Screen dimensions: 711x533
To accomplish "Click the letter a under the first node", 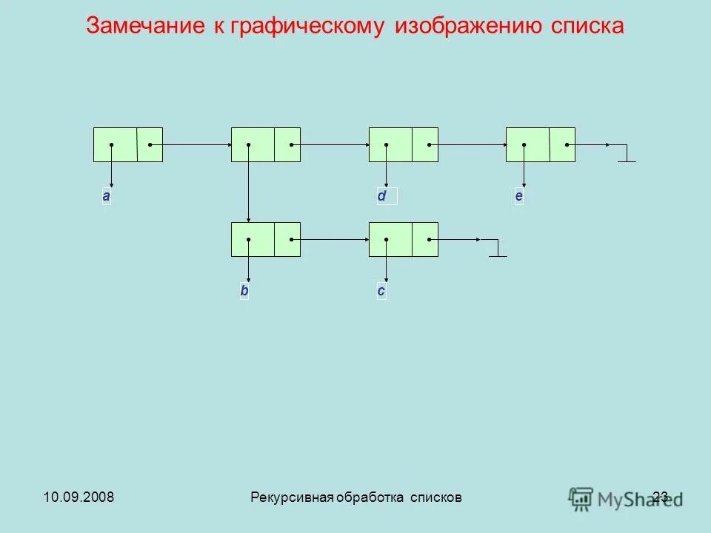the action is point(107,196).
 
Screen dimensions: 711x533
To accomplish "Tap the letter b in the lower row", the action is point(244,291).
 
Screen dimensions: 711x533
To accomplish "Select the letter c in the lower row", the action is point(381,291).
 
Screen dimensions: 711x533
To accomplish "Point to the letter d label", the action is point(381,196).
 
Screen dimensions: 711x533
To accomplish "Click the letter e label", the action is point(518,196).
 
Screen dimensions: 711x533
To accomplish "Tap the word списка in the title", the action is point(587,26).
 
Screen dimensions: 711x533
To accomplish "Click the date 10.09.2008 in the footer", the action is point(73,497).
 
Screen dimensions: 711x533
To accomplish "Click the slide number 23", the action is point(661,497).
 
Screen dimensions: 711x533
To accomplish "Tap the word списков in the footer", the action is point(437,497).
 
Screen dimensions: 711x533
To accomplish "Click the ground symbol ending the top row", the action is point(627,156).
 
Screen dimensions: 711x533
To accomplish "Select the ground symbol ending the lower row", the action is point(498,251).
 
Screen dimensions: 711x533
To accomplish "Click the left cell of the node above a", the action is point(115,144).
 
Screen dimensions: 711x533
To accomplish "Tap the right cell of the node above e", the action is point(562,144).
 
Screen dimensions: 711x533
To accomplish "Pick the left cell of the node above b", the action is point(253,239).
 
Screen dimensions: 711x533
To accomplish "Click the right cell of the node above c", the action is point(424,239).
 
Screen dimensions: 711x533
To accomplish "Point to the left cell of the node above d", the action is point(390,144).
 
